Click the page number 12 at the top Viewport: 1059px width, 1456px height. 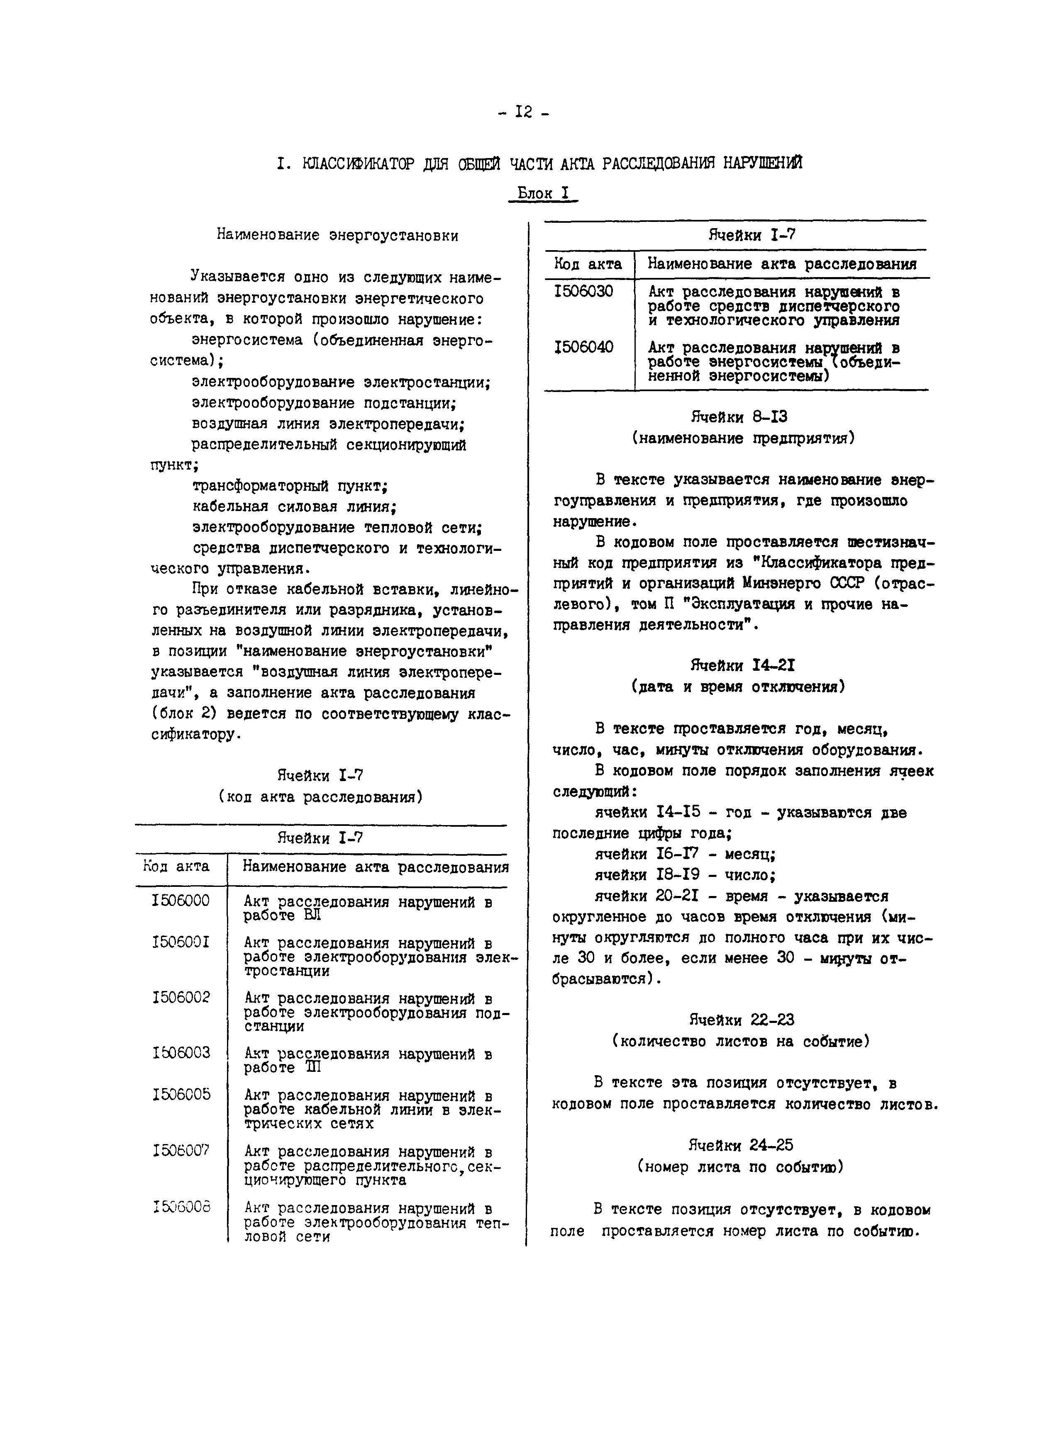pyautogui.click(x=523, y=112)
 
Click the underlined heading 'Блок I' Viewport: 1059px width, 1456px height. pyautogui.click(x=543, y=193)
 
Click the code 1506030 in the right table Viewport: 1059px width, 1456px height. pyautogui.click(x=583, y=292)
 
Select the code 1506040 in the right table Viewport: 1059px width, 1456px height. pyautogui.click(x=583, y=347)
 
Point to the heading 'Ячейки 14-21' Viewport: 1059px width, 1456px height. pyautogui.click(x=742, y=665)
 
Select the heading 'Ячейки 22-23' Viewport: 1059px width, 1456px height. pyautogui.click(x=741, y=1020)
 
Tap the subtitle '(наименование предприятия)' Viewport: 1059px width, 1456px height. pyautogui.click(x=743, y=438)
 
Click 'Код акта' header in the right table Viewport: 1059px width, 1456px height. pyautogui.click(x=588, y=264)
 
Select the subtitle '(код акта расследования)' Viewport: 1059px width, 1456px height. pyautogui.click(x=320, y=797)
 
